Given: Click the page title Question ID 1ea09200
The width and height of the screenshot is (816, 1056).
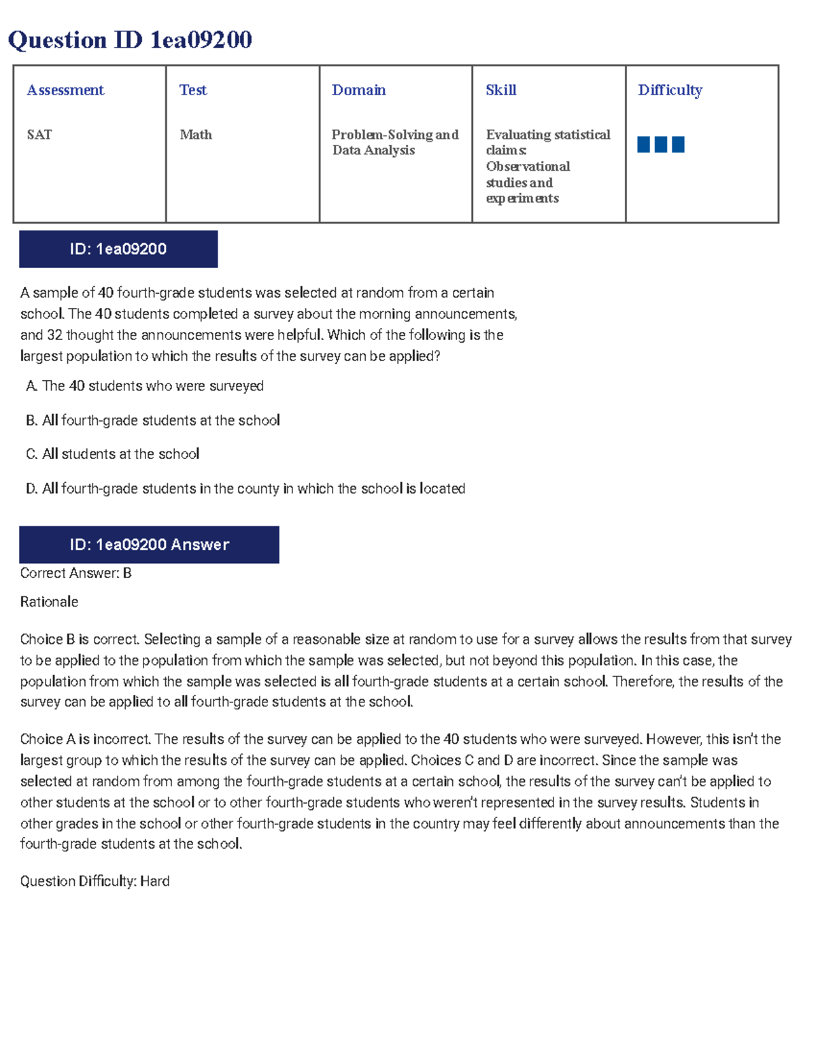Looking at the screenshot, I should coord(130,40).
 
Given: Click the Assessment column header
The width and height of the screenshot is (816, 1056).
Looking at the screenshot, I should coord(65,90).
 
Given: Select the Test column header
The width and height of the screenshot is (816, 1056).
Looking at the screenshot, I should coord(193,90).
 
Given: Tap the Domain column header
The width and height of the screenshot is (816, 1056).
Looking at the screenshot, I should coord(358,90).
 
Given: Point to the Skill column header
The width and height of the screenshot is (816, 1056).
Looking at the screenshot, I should coord(501,90).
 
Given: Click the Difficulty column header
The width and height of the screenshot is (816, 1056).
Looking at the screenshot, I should coord(670,90).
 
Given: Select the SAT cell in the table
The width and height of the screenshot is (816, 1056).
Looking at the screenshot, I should coord(39,135).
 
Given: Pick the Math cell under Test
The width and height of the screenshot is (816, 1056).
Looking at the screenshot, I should coord(196,135).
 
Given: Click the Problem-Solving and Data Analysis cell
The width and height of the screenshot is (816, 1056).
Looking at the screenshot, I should coord(394,142).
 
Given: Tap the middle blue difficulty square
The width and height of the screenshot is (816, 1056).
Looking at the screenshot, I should coord(661,144).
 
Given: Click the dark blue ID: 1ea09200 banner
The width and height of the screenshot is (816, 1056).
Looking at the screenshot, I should coord(118,249).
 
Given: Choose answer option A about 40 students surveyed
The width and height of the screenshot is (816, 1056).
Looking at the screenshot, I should coord(145,386).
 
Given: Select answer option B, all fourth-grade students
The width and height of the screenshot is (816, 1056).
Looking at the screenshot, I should coord(153,420).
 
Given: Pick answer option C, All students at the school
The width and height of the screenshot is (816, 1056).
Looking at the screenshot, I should coord(113,454).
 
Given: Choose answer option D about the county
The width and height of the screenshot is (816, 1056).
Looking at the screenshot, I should coord(245,488).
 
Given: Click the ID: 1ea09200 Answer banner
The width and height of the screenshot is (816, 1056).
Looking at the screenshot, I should coord(149,545).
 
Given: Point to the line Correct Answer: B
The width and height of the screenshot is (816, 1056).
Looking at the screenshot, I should coord(75,573).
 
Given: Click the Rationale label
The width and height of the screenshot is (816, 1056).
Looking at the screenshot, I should coord(49,602).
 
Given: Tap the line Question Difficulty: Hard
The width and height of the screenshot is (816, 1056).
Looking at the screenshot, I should coord(95,881).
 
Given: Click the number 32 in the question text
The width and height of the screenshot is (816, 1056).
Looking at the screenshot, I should coord(54,335).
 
